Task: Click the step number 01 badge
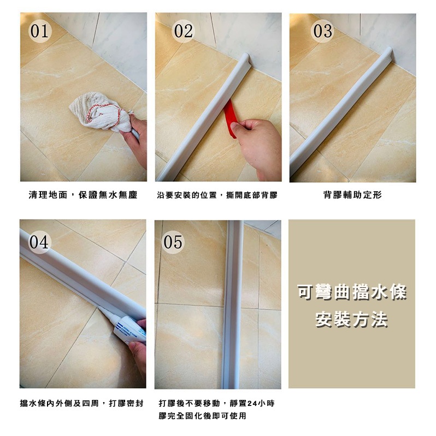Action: [x=40, y=31]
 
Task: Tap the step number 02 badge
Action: [x=183, y=31]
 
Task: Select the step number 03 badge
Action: [x=322, y=31]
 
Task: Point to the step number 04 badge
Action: [x=39, y=242]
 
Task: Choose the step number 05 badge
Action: [x=173, y=242]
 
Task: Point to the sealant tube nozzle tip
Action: [x=99, y=307]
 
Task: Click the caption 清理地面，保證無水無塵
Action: [x=83, y=195]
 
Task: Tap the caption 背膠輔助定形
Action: [x=352, y=195]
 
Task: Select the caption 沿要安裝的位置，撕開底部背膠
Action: [x=217, y=195]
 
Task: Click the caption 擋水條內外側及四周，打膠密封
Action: [x=82, y=403]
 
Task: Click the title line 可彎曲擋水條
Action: [x=352, y=292]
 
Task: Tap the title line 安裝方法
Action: [x=351, y=320]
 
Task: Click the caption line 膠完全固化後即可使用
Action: [x=202, y=416]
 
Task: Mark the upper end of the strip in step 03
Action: [x=389, y=51]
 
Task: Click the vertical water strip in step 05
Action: [x=232, y=304]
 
